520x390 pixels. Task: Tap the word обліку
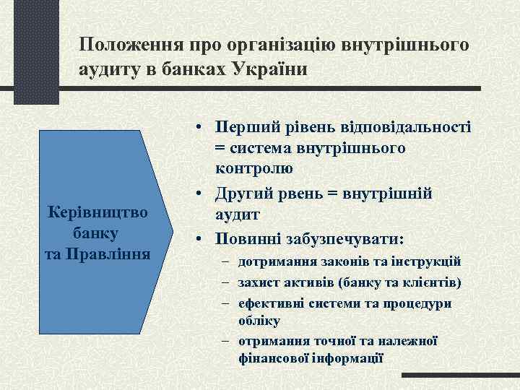pyautogui.click(x=257, y=320)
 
